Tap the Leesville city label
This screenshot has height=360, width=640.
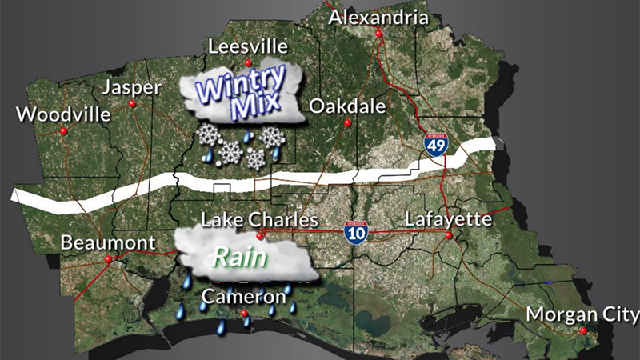[x=246, y=46]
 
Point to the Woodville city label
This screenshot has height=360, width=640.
[x=63, y=114]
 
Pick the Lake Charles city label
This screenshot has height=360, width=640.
[x=259, y=219]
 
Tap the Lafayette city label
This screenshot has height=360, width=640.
[x=447, y=218]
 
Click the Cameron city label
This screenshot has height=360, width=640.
[x=243, y=297]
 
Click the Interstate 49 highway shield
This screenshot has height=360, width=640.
[x=436, y=144]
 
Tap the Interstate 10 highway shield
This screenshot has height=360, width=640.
[x=357, y=232]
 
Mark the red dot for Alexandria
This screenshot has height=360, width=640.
[x=378, y=34]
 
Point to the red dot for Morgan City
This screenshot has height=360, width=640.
[x=583, y=331]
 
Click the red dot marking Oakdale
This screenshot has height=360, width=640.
[x=347, y=122]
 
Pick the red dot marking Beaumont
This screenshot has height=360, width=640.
[x=108, y=259]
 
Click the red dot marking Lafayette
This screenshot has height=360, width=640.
[x=449, y=236]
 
